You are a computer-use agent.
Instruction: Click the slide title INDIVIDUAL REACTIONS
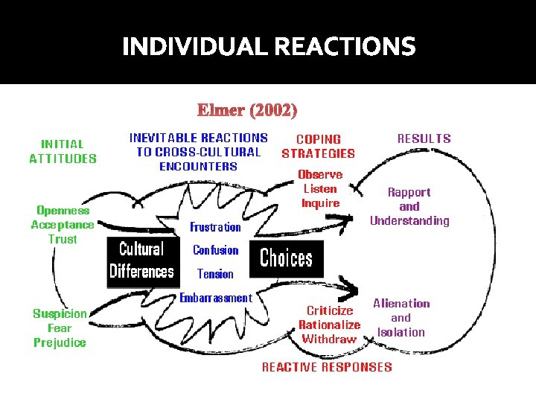pyautogui.click(x=269, y=48)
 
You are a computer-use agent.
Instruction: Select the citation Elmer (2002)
pyautogui.click(x=247, y=111)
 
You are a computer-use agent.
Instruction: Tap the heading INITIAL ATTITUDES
pyautogui.click(x=63, y=151)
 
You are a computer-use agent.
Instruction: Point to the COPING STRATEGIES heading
pyautogui.click(x=319, y=146)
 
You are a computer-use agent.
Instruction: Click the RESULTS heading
pyautogui.click(x=424, y=138)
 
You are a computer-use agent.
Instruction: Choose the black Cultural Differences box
pyautogui.click(x=141, y=259)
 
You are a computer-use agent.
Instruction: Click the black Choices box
pyautogui.click(x=287, y=258)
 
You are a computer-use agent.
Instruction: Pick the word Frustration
pyautogui.click(x=215, y=227)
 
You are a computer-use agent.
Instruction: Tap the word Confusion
pyautogui.click(x=215, y=250)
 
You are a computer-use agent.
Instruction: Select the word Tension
pyautogui.click(x=215, y=274)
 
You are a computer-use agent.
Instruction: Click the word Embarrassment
pyautogui.click(x=216, y=298)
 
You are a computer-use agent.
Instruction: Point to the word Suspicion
pyautogui.click(x=60, y=313)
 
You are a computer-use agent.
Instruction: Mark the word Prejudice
pyautogui.click(x=60, y=342)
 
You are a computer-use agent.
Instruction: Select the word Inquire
pyautogui.click(x=320, y=203)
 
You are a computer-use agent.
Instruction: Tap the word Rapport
pyautogui.click(x=409, y=192)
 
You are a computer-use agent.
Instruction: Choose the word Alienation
pyautogui.click(x=401, y=303)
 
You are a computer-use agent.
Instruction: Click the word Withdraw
pyautogui.click(x=329, y=339)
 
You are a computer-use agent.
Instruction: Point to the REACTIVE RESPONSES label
pyautogui.click(x=327, y=367)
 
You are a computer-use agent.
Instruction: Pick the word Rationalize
pyautogui.click(x=329, y=325)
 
